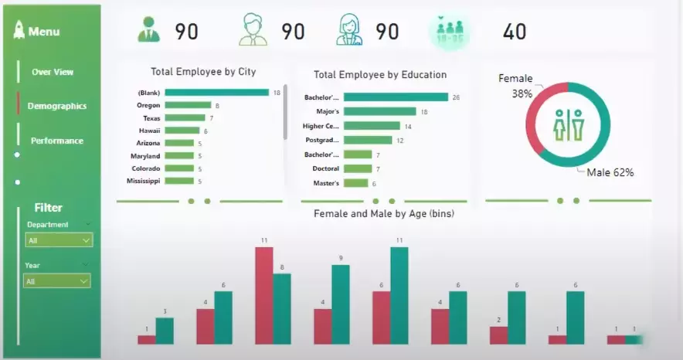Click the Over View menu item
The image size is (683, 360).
pos(53,72)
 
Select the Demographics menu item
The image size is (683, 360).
pos(56,106)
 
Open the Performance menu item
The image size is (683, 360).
pos(56,141)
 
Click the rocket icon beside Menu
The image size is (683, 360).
pos(19,31)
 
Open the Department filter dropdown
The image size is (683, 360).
pos(59,240)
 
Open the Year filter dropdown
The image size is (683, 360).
pos(57,281)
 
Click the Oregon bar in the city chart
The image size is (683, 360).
pos(188,105)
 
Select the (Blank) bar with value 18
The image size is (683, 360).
pos(216,93)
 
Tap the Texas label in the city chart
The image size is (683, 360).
pos(151,118)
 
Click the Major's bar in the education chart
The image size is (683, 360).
pos(379,111)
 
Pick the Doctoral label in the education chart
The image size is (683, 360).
pos(325,168)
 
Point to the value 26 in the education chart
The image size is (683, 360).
pos(456,97)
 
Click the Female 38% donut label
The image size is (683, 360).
pos(515,85)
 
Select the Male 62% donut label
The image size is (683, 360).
pos(610,172)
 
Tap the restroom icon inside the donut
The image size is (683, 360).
pos(568,124)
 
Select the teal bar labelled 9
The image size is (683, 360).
pos(341,304)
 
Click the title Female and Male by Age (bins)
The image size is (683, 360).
pos(383,213)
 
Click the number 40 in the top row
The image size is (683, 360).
pos(515,32)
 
